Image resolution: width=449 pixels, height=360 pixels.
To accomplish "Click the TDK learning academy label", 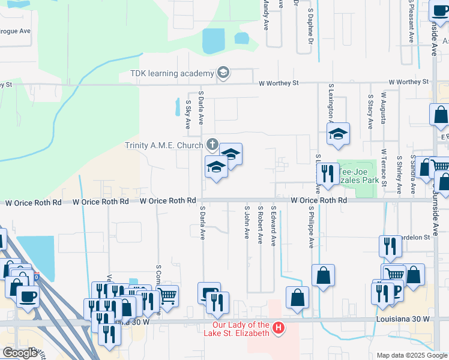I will tap(172, 73).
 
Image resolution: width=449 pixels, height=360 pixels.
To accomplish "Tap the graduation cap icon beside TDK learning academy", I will tap(223, 73).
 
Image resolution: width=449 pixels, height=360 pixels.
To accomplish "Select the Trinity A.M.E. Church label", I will tap(164, 145).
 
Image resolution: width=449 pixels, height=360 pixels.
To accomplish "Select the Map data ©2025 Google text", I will tap(411, 355).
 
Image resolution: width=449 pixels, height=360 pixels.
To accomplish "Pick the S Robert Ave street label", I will tap(260, 226).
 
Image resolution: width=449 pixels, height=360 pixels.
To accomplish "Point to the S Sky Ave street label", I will tap(187, 113).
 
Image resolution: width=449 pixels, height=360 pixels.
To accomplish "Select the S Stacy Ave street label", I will tap(370, 110).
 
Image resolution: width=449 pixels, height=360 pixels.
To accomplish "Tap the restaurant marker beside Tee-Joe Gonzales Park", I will tap(328, 173).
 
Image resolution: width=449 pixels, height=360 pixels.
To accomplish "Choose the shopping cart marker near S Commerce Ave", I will tap(167, 294).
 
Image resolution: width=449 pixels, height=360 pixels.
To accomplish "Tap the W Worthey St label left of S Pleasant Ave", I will tap(409, 82).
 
